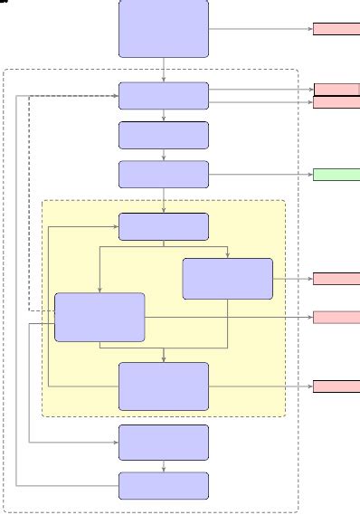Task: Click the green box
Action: [336, 175]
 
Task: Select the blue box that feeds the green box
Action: [164, 175]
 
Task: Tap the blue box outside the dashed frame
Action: [164, 28]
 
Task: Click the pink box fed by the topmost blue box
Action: [336, 29]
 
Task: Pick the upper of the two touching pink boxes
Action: [336, 90]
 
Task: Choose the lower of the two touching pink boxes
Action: [336, 102]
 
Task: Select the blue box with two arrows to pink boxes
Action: [164, 96]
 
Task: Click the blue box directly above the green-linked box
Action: [164, 135]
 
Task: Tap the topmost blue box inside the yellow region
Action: [164, 226]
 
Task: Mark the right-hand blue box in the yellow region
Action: [227, 278]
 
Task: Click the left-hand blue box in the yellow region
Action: [99, 317]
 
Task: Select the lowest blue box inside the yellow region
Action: [164, 386]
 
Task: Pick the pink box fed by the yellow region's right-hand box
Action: [336, 278]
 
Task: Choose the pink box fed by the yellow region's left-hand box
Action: [336, 317]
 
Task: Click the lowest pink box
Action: [336, 386]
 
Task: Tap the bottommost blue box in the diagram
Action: [164, 485]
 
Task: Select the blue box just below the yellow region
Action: [164, 443]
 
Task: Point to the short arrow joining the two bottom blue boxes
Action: [164, 466]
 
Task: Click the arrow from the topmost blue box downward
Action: [164, 70]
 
